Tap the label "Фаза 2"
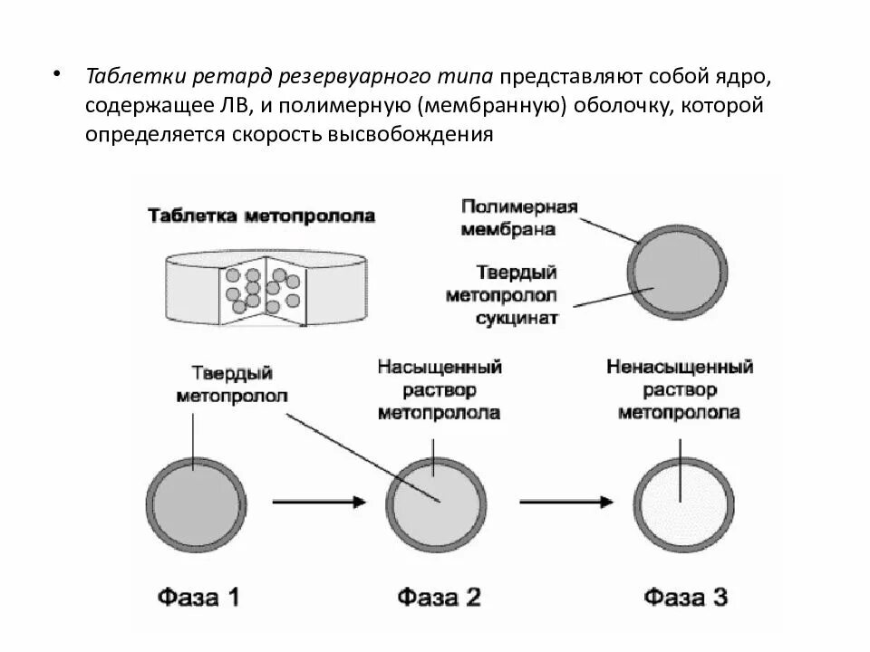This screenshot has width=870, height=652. tap(438, 598)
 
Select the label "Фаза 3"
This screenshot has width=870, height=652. tap(685, 598)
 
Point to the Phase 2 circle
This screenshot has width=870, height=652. tap(433, 501)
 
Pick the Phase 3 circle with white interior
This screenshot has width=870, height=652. tap(682, 501)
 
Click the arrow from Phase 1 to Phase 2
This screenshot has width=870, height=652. tap(318, 500)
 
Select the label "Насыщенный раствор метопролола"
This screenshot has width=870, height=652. tap(440, 390)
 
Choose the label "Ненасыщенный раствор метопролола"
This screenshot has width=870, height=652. tap(680, 390)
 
